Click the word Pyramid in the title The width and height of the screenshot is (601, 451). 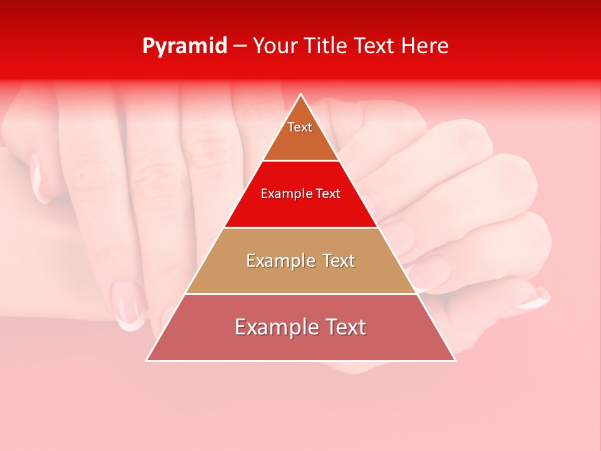(184, 46)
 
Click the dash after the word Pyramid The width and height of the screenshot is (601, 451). (239, 46)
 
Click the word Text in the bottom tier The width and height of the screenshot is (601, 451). (345, 327)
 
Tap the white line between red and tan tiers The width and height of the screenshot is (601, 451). (300, 227)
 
